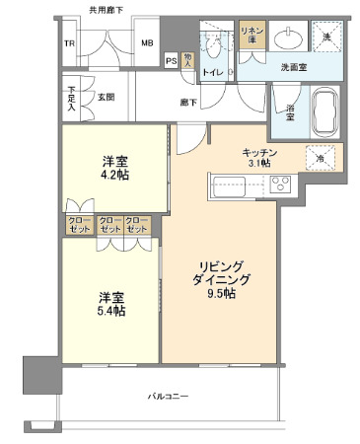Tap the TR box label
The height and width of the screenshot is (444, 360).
[x=70, y=43]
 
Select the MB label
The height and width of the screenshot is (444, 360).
[x=146, y=43]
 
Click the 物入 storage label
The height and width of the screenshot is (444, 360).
[x=187, y=59]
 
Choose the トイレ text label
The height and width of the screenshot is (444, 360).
[x=211, y=71]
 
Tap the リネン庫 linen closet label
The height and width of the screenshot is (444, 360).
[x=252, y=36]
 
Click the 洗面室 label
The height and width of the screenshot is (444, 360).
[x=296, y=68]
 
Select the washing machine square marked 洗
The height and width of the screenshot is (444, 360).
[x=327, y=37]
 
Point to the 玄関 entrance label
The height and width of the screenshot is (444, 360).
[x=106, y=97]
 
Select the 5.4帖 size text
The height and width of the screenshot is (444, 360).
[x=111, y=311]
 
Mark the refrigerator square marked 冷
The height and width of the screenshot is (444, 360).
[x=320, y=157]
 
